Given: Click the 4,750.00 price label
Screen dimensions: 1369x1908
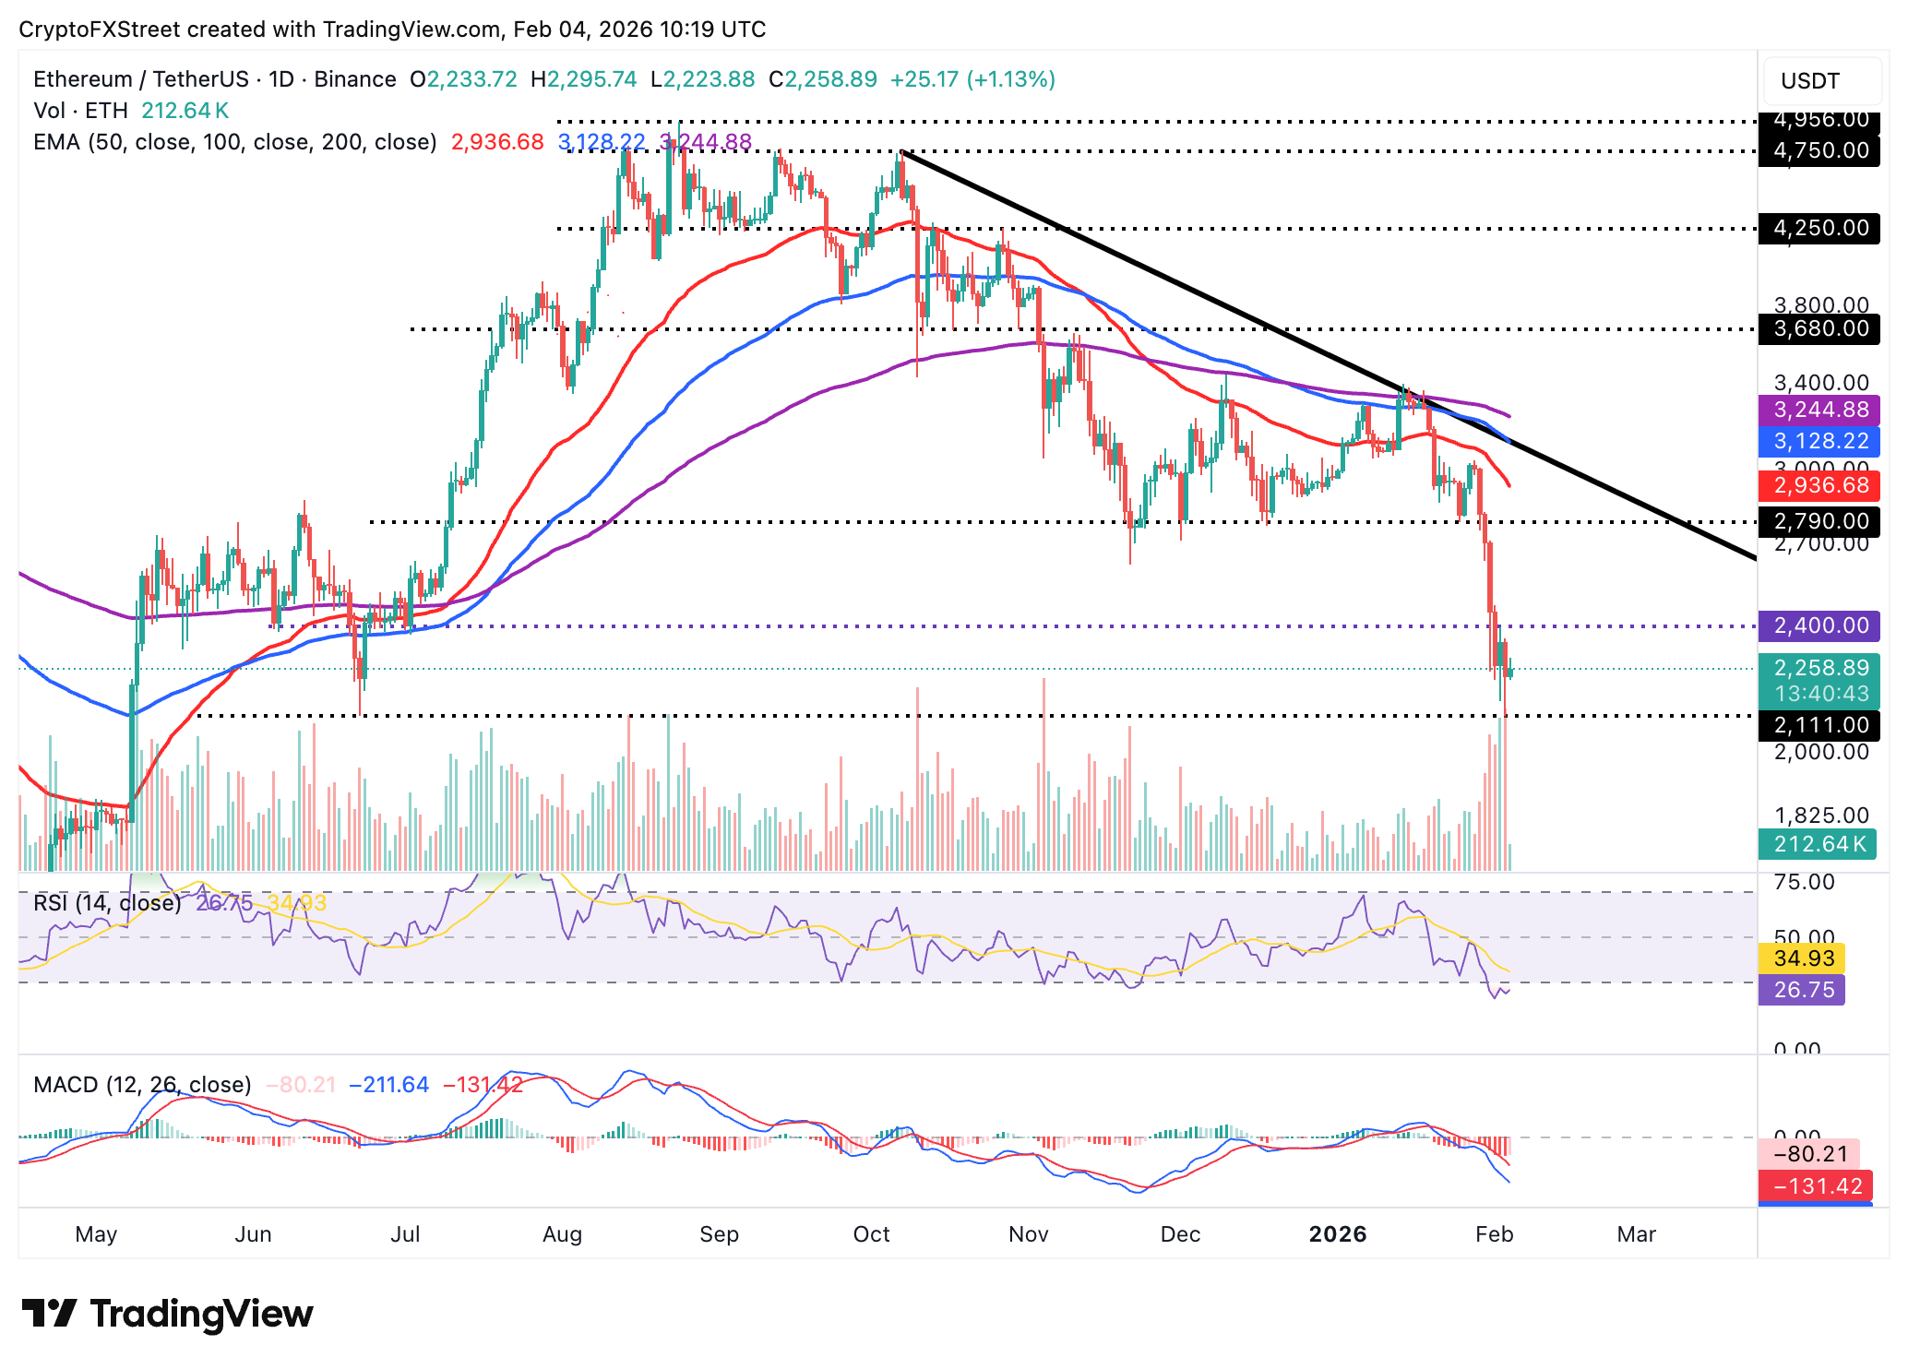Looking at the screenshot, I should (1819, 150).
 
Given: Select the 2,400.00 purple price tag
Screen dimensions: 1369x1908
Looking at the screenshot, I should (1819, 625).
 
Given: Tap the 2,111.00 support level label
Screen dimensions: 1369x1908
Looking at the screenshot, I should (1819, 725).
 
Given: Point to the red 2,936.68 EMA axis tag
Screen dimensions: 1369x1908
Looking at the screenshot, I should (1819, 485).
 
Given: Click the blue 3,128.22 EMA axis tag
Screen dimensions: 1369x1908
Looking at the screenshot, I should (1819, 441).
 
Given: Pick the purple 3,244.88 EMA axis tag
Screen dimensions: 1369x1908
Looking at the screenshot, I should (1819, 410).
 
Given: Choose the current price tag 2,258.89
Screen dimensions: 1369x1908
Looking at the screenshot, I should (1819, 668).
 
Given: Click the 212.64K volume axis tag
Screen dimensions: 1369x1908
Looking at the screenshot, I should (1817, 843).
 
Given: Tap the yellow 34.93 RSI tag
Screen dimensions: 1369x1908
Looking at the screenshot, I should (1802, 958).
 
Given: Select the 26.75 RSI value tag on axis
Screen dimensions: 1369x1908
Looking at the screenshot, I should (1802, 990).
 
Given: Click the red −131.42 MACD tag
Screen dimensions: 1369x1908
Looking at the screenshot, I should (1816, 1185).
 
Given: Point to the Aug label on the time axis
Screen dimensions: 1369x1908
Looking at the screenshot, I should (562, 1234).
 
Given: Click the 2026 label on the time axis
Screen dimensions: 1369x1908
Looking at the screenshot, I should (1337, 1234).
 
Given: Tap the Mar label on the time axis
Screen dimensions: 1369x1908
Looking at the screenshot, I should (1636, 1234).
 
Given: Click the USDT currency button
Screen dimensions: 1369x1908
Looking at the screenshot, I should (1809, 81).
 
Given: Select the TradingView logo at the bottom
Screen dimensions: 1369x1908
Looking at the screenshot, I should (167, 1314).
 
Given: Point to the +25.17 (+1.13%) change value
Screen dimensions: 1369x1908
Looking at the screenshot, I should (972, 79).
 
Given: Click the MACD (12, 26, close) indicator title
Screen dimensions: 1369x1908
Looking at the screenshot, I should (142, 1084).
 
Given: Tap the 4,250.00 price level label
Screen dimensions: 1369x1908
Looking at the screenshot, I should (1819, 228).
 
